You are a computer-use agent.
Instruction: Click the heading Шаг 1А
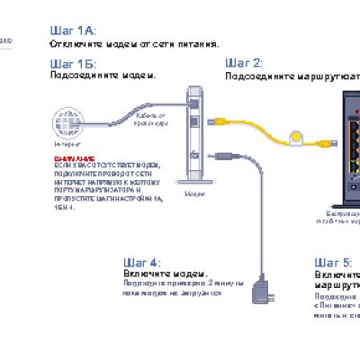(x=73, y=30)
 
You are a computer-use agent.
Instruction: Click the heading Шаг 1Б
(x=73, y=64)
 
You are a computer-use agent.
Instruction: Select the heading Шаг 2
(x=244, y=63)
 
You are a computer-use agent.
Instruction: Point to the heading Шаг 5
(x=332, y=262)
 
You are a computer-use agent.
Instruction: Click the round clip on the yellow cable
(x=293, y=138)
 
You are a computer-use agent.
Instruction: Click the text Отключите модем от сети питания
(x=134, y=42)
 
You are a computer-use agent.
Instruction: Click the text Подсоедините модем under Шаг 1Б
(x=103, y=76)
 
